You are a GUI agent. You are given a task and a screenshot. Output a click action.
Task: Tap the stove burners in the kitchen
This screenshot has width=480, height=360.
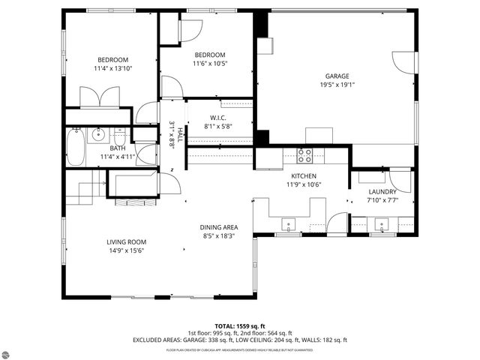click(304, 156)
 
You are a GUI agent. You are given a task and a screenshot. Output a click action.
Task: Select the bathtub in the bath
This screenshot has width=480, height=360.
click(75, 147)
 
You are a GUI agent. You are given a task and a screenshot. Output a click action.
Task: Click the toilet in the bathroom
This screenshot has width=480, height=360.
click(120, 139)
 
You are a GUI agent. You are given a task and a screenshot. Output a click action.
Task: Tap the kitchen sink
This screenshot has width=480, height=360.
click(288, 223)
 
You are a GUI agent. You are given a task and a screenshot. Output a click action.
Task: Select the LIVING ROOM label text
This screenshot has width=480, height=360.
click(125, 241)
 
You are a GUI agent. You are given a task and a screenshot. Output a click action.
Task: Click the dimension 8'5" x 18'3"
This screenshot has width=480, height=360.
click(218, 236)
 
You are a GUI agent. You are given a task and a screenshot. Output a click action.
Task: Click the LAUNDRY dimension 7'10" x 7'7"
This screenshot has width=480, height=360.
click(382, 200)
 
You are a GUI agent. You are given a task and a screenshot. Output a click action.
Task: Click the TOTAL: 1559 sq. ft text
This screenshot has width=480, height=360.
click(240, 326)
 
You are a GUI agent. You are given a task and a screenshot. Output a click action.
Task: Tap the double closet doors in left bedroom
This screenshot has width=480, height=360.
click(100, 97)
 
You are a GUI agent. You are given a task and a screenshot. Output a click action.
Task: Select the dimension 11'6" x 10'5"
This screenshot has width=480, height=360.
click(210, 64)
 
